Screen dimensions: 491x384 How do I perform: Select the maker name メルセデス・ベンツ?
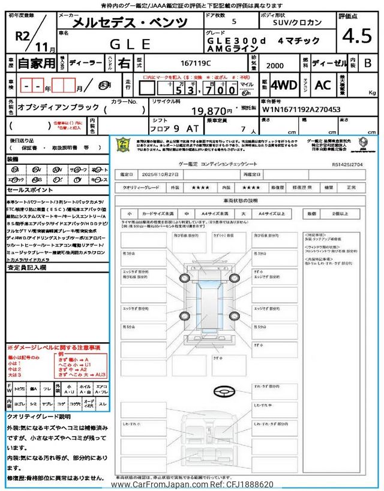coord(130,23)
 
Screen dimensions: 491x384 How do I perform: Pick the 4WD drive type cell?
coord(283,85)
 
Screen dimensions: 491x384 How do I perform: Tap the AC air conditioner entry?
coord(323,85)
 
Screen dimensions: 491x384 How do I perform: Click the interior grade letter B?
coord(368,62)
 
